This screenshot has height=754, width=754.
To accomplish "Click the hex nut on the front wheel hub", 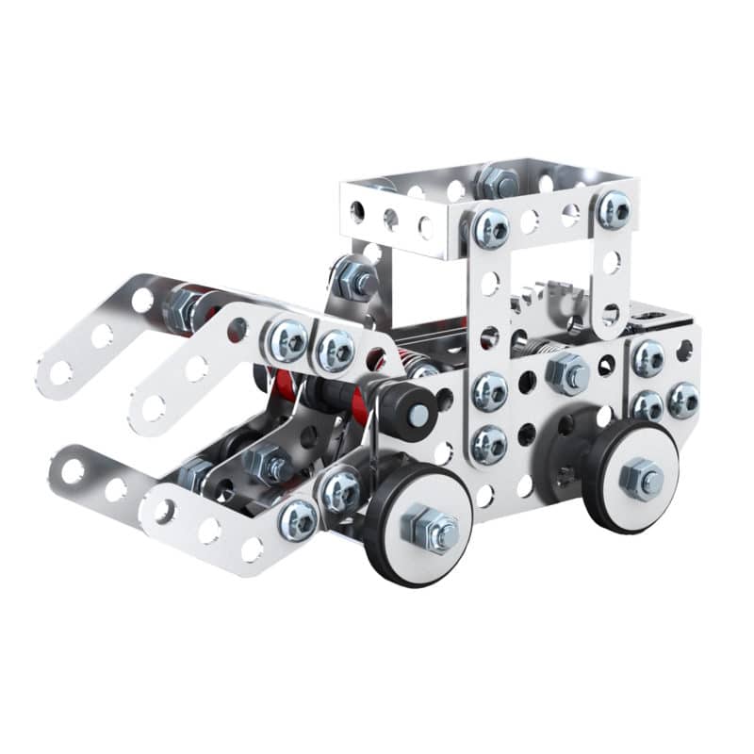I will click(429, 529).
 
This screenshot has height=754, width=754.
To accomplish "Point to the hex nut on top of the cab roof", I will click(497, 181).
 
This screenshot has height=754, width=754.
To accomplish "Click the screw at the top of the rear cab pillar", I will click(614, 209).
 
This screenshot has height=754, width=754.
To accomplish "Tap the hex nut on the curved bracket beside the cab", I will click(354, 280).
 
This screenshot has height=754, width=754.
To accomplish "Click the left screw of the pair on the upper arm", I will click(287, 340).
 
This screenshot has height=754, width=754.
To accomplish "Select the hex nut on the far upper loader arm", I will click(184, 308).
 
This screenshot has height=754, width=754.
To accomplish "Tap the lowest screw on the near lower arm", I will click(298, 519).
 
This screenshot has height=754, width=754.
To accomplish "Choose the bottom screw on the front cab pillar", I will click(489, 442).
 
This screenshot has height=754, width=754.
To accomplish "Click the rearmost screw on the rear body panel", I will click(683, 401).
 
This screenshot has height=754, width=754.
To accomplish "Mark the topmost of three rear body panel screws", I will click(647, 358).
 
